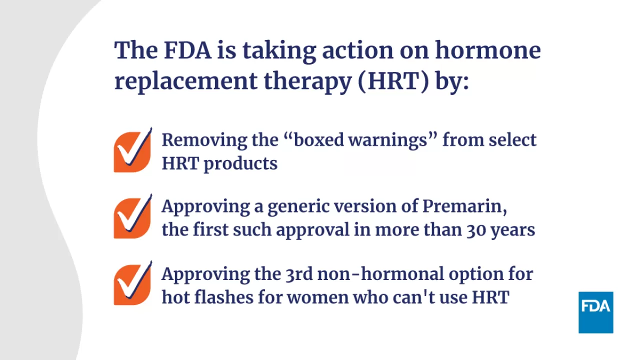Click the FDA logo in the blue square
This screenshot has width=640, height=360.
tap(595, 312)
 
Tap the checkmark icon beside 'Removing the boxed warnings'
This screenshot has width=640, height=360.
tap(132, 151)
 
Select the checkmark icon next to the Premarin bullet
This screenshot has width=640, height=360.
tap(132, 217)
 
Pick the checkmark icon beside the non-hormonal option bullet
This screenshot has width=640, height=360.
tap(132, 284)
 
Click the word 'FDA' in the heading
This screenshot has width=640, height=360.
tap(187, 50)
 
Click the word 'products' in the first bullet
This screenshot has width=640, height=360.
tap(240, 163)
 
